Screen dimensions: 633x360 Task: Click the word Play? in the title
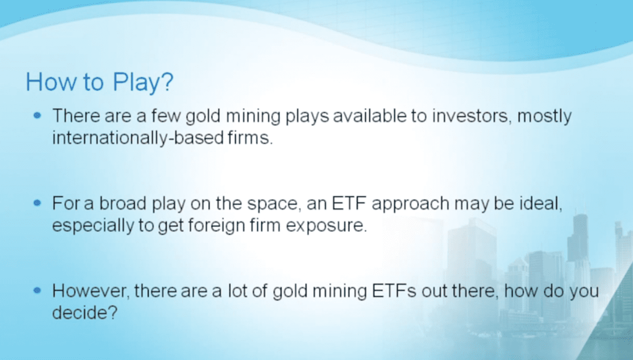[x=143, y=82]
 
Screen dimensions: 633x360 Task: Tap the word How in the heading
[x=51, y=82]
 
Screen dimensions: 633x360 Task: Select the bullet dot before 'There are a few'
[x=37, y=115]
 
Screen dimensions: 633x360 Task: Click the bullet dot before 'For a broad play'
[x=37, y=203]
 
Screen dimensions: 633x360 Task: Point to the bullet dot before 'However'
[x=37, y=290]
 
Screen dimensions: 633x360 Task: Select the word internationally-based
[x=138, y=138]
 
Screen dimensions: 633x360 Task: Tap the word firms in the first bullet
[x=250, y=137]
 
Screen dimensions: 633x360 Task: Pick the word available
[x=370, y=116]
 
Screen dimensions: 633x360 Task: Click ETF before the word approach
[x=349, y=203]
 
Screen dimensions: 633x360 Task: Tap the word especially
[x=93, y=226]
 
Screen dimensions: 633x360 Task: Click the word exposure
[x=326, y=226]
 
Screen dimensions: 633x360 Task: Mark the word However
[x=91, y=291]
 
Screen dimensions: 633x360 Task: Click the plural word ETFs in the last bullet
[x=394, y=291]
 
